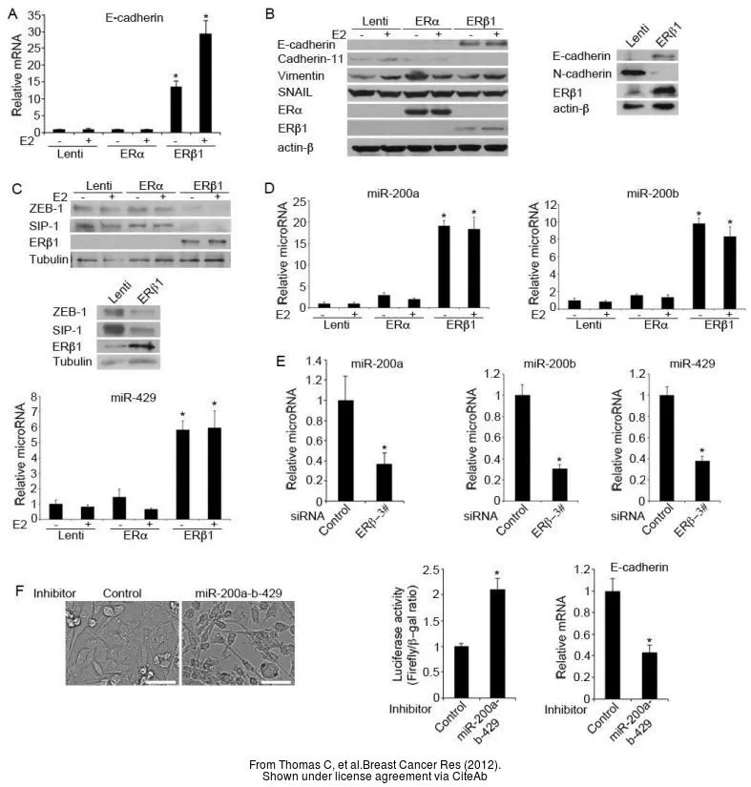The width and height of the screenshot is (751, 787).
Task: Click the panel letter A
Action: tap(13, 14)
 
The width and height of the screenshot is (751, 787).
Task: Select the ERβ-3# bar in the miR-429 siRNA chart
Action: tap(704, 480)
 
